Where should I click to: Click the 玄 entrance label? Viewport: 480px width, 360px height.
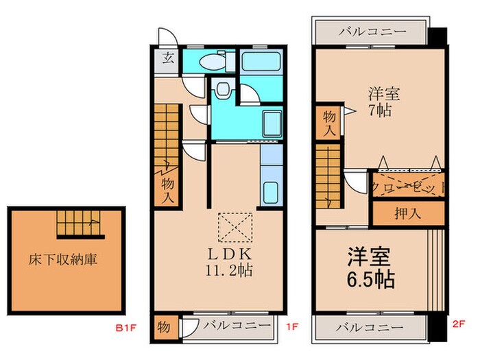click(167, 58)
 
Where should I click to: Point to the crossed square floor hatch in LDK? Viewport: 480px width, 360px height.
click(235, 227)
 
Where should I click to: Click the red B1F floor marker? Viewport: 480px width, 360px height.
click(126, 327)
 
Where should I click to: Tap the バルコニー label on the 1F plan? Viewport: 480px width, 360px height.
click(230, 324)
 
